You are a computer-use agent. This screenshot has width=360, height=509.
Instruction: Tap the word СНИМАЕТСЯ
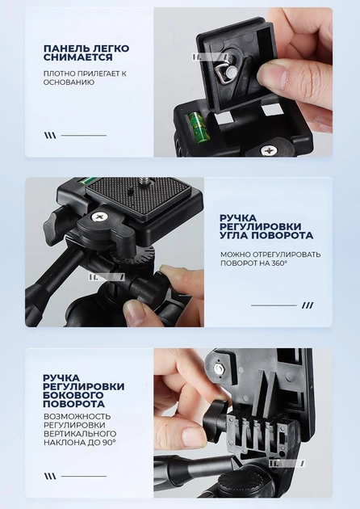click(x=75, y=58)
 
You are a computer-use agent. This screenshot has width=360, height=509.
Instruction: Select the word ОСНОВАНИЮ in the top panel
click(x=69, y=82)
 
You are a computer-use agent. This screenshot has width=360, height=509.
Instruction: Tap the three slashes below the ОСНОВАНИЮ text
click(x=50, y=136)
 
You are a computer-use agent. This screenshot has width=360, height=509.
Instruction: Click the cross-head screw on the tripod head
click(x=99, y=217)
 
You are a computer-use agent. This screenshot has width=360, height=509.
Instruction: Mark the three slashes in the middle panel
click(x=307, y=305)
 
